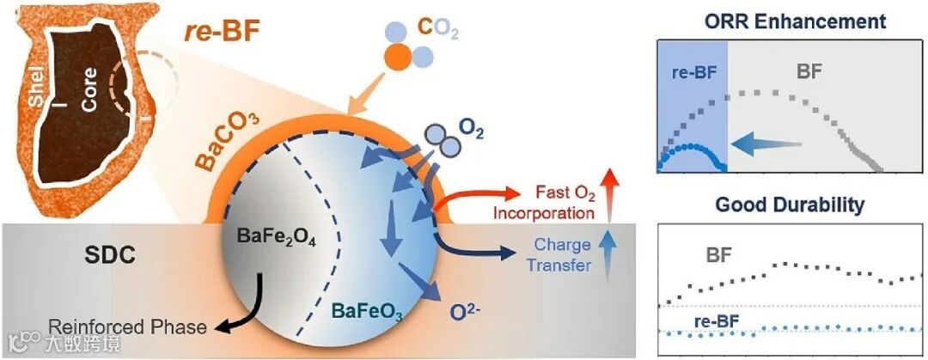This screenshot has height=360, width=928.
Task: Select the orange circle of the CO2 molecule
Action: (x=398, y=58)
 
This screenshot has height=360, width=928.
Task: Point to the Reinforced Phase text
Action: (x=127, y=326)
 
